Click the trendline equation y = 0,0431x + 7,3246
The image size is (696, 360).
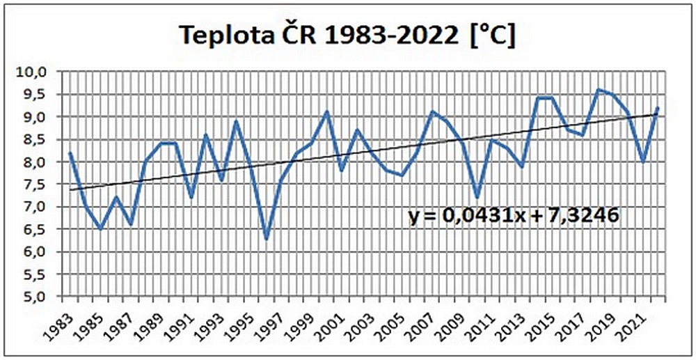(514, 217)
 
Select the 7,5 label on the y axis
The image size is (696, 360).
(35, 185)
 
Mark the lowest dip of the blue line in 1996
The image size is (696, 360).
(266, 239)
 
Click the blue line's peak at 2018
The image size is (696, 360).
(597, 90)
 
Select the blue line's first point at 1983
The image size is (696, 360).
(70, 152)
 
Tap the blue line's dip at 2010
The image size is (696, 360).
(477, 198)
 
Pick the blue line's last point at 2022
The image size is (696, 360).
(657, 108)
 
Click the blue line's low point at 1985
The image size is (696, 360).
(100, 229)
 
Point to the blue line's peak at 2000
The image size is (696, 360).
(326, 112)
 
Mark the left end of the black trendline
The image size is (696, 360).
(70, 189)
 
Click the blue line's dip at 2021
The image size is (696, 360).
(642, 162)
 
